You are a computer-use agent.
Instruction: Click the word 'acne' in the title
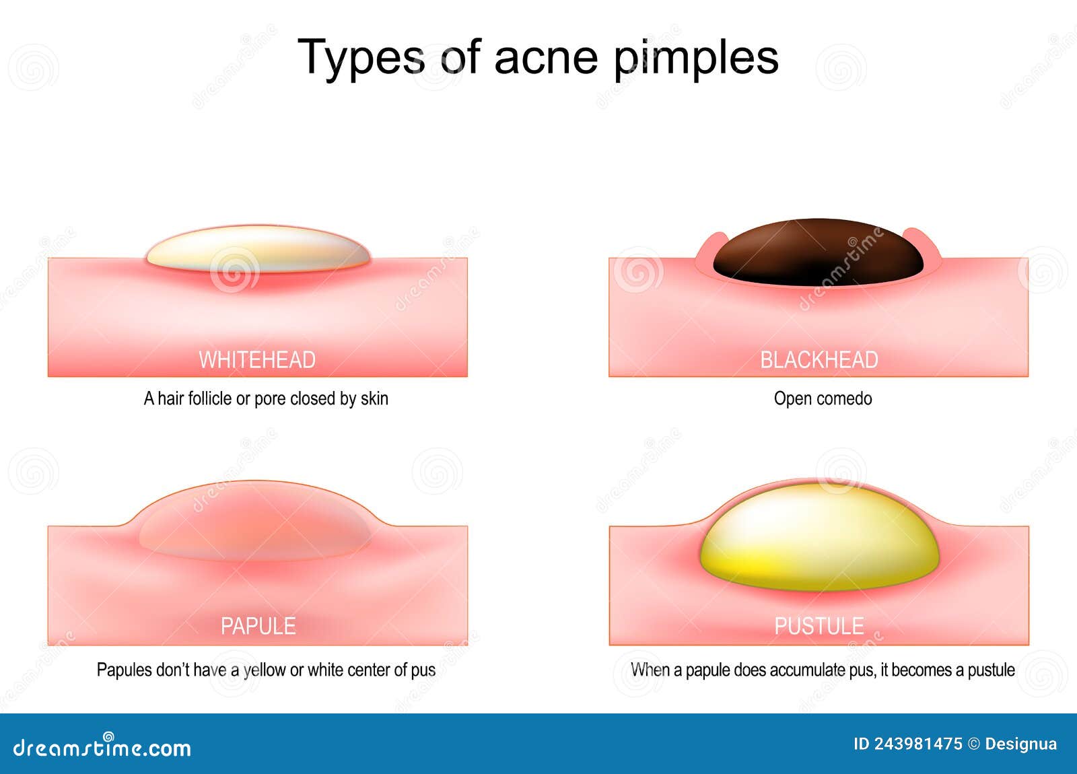point(545,57)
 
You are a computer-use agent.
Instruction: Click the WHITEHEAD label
point(257,360)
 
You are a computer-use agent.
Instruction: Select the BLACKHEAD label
point(819,360)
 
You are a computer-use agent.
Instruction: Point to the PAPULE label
point(258,627)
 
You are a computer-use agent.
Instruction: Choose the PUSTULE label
point(819,627)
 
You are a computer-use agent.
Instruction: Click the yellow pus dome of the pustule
point(819,538)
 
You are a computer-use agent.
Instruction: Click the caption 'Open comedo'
point(823,398)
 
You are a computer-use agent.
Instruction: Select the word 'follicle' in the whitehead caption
point(210,398)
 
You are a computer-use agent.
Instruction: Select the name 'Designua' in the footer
point(1020,744)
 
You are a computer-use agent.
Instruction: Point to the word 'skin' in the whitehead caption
point(374,398)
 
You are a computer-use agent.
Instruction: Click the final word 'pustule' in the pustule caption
point(991,670)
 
